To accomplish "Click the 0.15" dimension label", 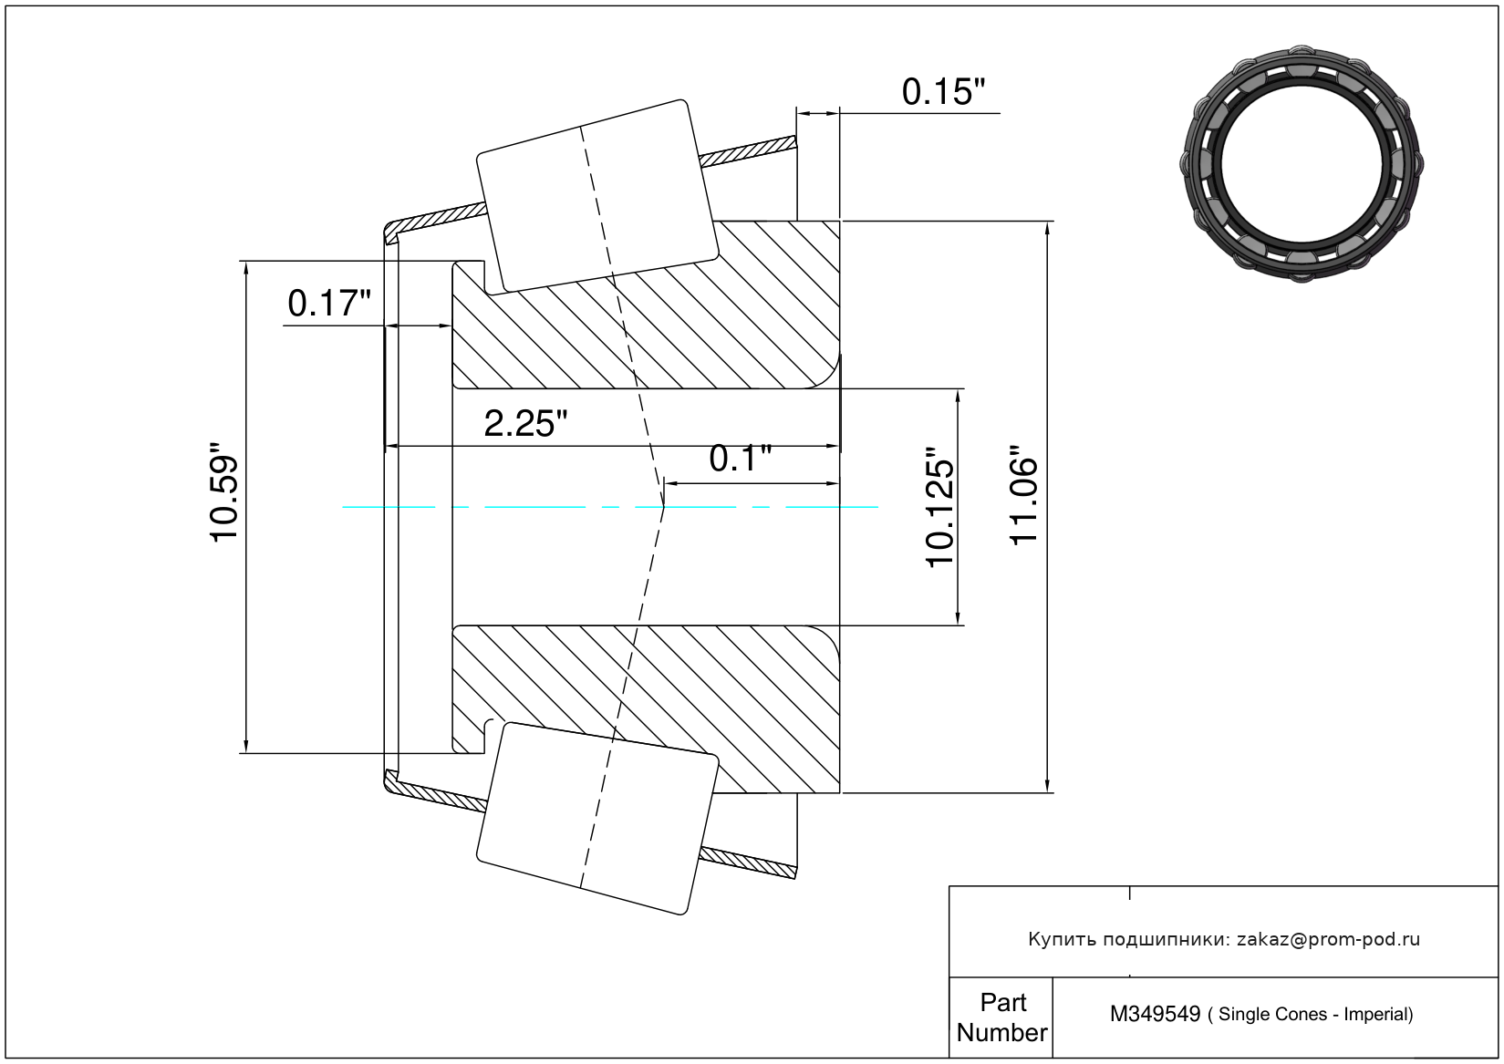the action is click(x=943, y=92).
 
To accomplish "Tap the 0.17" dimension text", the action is click(x=329, y=304).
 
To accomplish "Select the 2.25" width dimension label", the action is click(x=525, y=424).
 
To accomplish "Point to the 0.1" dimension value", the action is click(x=740, y=459).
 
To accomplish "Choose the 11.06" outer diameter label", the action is click(x=1023, y=495).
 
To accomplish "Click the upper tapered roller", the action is click(x=597, y=197).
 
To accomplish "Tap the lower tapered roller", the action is click(x=597, y=819).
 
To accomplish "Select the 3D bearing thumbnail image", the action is click(x=1302, y=164).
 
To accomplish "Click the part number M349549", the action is click(x=1155, y=1014).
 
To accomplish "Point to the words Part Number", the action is click(x=1001, y=1018).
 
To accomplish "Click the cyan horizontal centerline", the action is click(x=610, y=507).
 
